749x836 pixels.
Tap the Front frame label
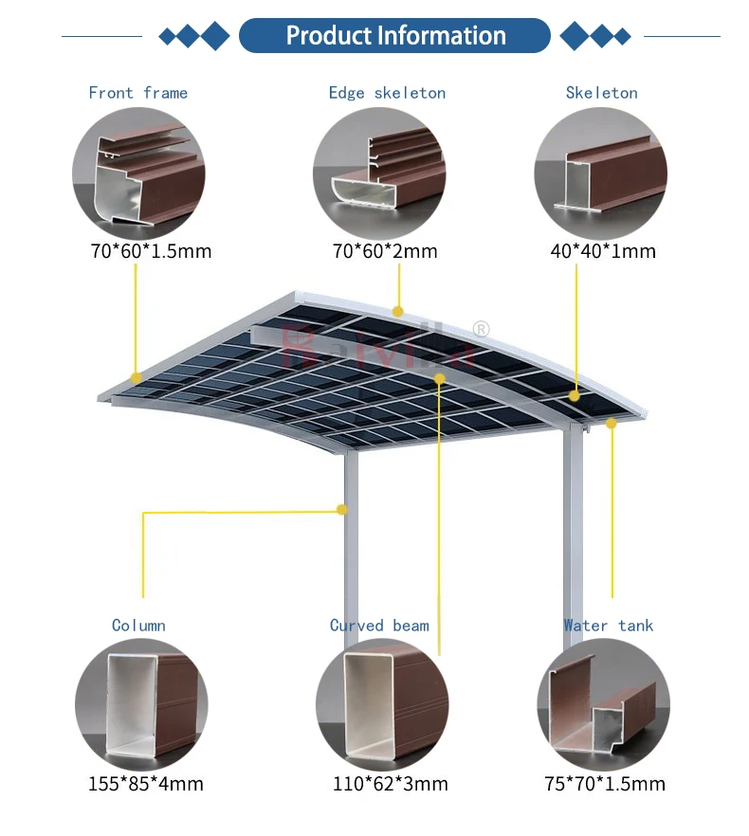(138, 93)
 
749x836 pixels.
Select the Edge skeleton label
(387, 93)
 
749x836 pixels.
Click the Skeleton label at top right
(601, 93)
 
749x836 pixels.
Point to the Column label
(138, 626)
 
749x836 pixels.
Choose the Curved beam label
(379, 626)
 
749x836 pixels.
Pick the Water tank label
(609, 626)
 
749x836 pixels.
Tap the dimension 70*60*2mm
(385, 251)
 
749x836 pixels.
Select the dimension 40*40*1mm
(603, 251)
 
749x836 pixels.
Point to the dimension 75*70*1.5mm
(604, 784)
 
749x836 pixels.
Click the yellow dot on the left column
(341, 510)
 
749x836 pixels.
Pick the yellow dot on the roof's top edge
(398, 311)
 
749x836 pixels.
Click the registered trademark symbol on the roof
(481, 330)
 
